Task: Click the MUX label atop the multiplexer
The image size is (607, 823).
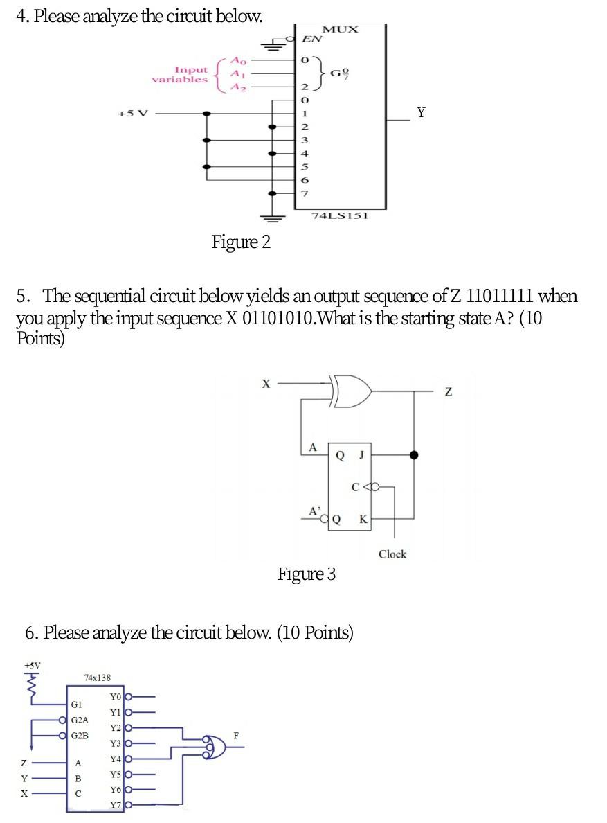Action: tap(341, 29)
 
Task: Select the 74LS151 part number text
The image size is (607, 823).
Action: tap(338, 215)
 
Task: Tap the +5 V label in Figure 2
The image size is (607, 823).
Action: tap(133, 114)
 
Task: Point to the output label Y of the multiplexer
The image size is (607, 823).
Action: tap(420, 112)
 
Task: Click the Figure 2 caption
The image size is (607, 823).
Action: tap(241, 242)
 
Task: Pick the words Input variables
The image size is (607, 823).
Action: tap(180, 74)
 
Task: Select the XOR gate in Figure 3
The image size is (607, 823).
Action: tap(352, 391)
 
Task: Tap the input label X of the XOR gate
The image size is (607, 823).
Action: tap(264, 382)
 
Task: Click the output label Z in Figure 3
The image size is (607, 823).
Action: tap(449, 393)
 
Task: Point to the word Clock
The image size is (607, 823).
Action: tap(392, 554)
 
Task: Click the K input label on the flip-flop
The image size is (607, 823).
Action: tap(362, 520)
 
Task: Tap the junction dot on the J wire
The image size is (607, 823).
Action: tap(415, 455)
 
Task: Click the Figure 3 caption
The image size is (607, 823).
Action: tap(307, 574)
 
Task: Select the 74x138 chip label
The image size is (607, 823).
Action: tap(96, 678)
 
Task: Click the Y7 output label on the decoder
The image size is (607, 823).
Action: tap(116, 805)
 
